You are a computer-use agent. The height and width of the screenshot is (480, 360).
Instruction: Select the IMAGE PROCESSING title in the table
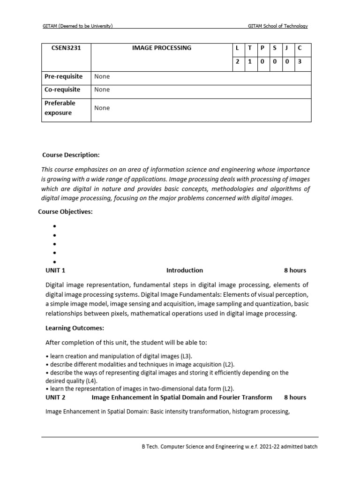pyautogui.click(x=162, y=48)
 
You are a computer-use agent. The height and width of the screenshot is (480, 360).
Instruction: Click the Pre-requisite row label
pyautogui.click(x=63, y=76)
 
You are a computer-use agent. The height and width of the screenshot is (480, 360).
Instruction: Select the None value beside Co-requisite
pyautogui.click(x=102, y=90)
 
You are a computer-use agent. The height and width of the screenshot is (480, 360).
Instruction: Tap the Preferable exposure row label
pyautogui.click(x=60, y=108)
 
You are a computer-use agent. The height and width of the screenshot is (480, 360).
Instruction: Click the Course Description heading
pyautogui.click(x=71, y=155)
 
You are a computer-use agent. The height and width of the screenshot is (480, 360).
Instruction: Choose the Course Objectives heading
pyautogui.click(x=65, y=212)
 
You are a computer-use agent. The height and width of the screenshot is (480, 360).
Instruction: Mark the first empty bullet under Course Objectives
pyautogui.click(x=55, y=226)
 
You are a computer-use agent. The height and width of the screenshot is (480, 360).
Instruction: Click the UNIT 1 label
pyautogui.click(x=55, y=270)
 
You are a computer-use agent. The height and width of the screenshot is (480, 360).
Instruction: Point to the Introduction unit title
pyautogui.click(x=185, y=270)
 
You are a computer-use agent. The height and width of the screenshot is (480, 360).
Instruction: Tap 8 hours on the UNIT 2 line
pyautogui.click(x=295, y=397)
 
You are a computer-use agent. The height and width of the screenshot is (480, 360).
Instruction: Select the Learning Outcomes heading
pyautogui.click(x=75, y=328)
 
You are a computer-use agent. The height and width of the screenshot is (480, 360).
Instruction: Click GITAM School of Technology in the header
pyautogui.click(x=277, y=26)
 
